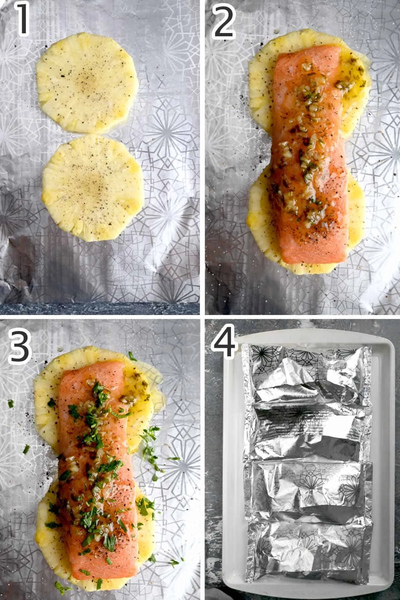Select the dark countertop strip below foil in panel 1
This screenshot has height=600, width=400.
click(x=100, y=308)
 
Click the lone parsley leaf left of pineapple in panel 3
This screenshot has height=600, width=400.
click(x=11, y=404)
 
